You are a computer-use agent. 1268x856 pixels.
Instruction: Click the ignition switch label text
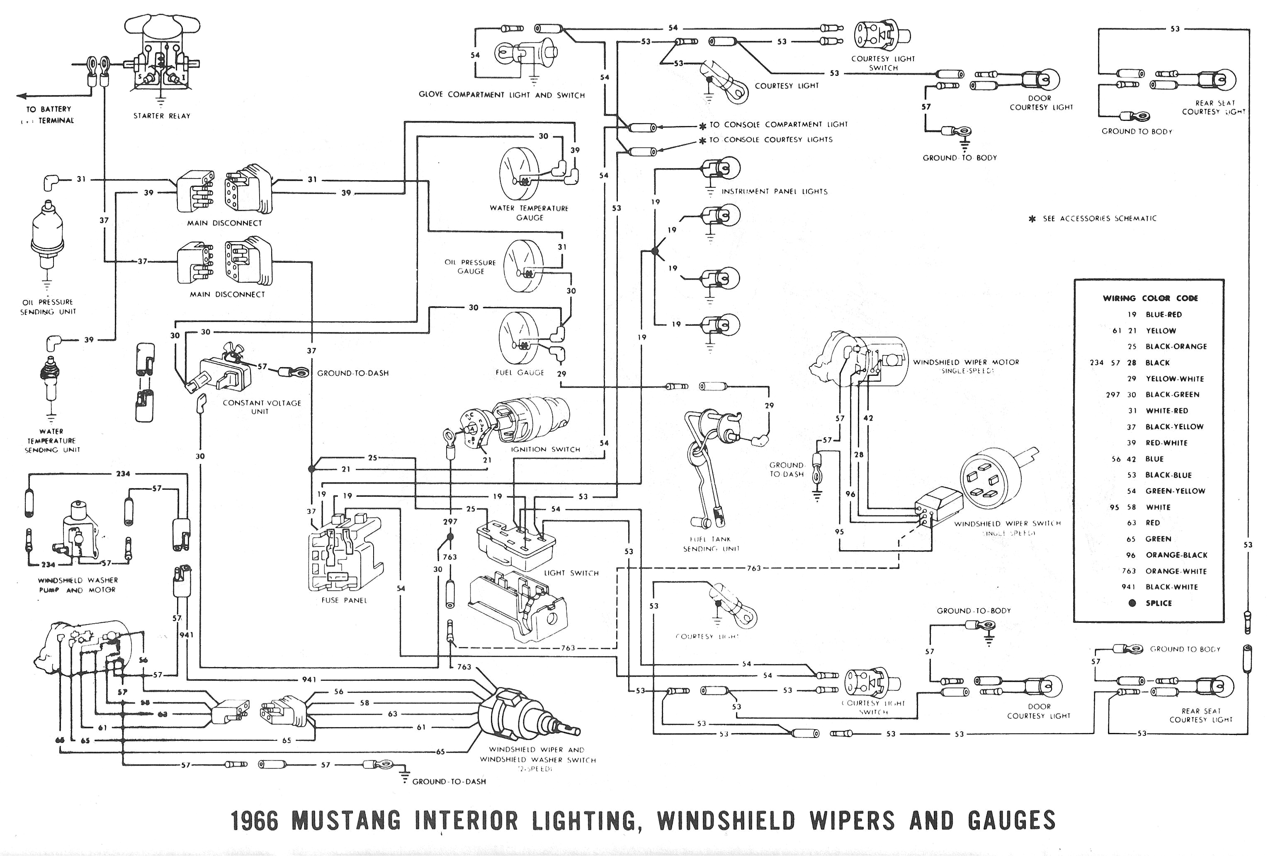click(x=545, y=449)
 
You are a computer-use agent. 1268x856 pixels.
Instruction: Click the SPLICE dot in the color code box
click(x=1132, y=603)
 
